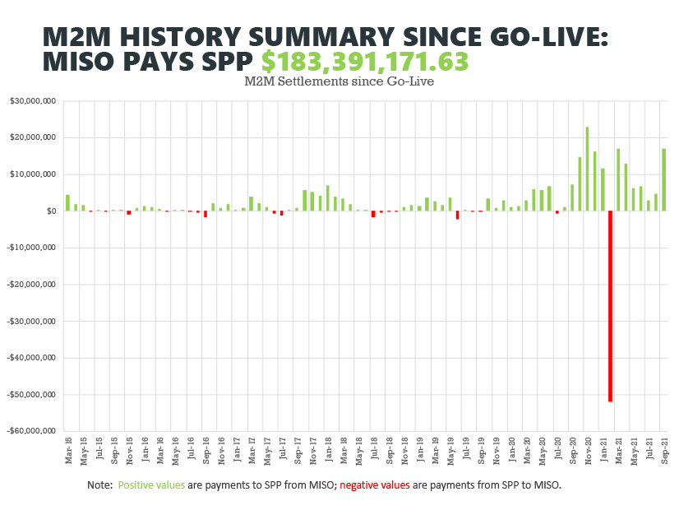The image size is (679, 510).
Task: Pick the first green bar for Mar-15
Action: (67, 202)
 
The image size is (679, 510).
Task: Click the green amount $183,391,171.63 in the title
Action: (365, 62)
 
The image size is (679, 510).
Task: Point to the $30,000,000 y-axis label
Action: (33, 101)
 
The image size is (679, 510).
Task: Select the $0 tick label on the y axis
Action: (49, 211)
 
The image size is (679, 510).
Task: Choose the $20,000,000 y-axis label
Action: (33, 137)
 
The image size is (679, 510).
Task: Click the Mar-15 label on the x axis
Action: (68, 450)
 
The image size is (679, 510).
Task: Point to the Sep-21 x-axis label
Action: (663, 450)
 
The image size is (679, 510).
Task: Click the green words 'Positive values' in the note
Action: (151, 485)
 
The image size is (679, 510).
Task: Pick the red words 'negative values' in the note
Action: (374, 485)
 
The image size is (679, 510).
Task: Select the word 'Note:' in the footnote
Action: (100, 485)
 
